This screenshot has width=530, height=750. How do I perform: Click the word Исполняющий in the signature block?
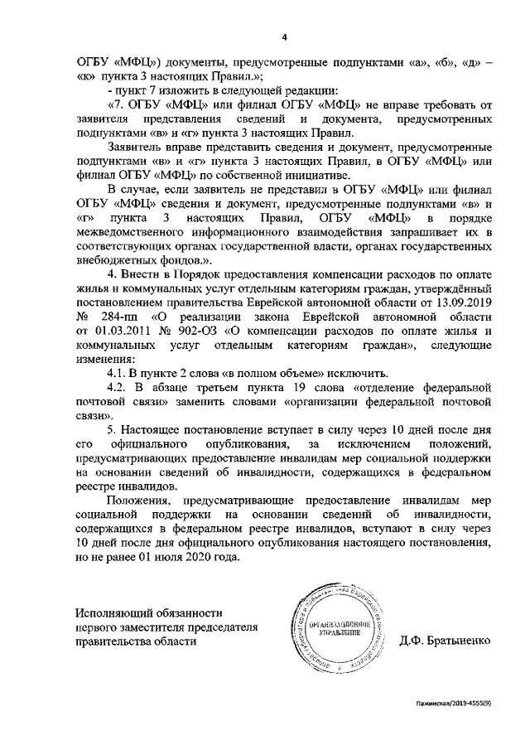pos(113,613)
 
